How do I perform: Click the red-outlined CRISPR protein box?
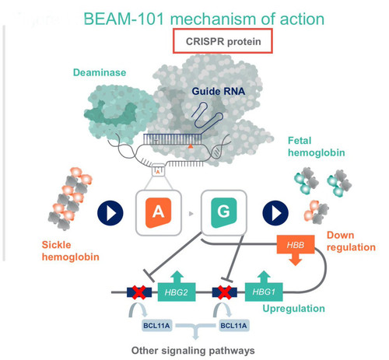point(223,41)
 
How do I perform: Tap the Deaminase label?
point(100,72)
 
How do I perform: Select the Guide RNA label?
point(219,91)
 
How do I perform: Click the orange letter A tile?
point(158,212)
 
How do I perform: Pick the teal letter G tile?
point(224,212)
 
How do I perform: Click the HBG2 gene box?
point(177,292)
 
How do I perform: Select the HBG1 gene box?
point(264,292)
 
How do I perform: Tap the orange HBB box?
point(296,244)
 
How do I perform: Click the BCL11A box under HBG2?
point(156,326)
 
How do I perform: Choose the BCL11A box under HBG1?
point(233,326)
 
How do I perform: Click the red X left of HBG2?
point(139,292)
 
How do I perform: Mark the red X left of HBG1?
point(225,292)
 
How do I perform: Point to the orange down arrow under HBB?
point(296,260)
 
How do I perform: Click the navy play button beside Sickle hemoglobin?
point(110,213)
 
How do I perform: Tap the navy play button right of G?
point(275,213)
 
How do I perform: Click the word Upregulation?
point(293,309)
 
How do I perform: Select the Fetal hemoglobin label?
point(317,147)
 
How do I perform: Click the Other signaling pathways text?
point(193,351)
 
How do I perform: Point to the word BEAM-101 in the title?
point(124,19)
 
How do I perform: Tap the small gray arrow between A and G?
point(191,214)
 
